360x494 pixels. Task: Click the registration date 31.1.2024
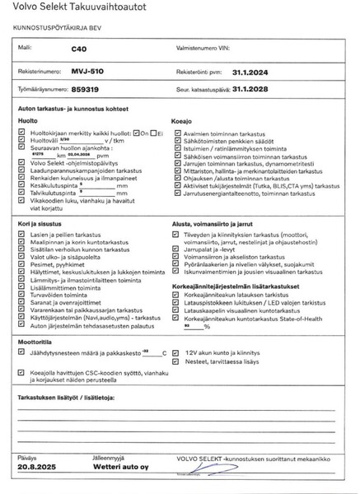(250, 71)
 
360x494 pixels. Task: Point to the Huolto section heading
(28, 120)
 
